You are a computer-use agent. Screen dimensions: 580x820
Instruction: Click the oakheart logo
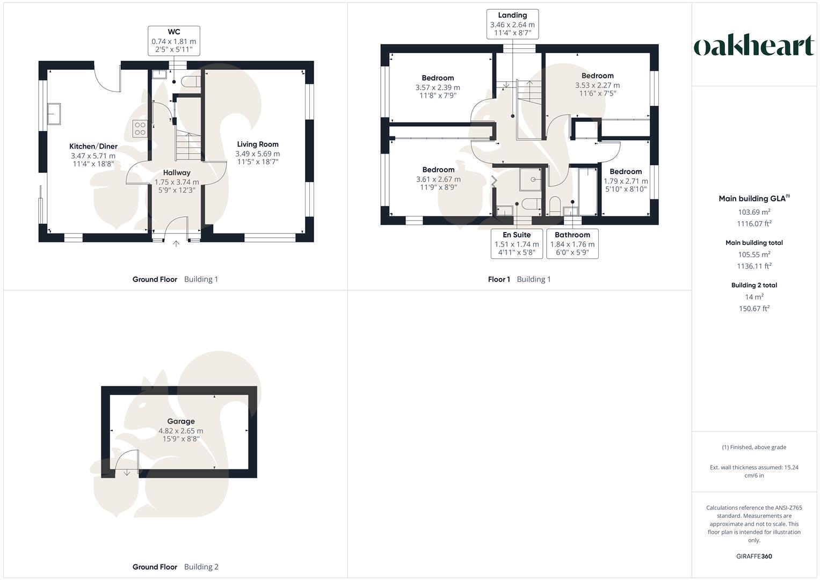(754, 46)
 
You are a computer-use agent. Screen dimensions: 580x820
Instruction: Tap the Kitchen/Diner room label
(93, 147)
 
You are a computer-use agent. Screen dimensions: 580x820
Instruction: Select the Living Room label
(258, 144)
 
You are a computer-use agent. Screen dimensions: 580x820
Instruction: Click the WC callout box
(173, 41)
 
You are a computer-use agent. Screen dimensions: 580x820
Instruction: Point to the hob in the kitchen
(140, 128)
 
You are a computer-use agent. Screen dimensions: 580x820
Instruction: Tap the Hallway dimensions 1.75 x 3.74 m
(177, 182)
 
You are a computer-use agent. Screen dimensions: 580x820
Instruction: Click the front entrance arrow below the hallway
(176, 244)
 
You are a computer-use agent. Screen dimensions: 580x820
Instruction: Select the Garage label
(180, 422)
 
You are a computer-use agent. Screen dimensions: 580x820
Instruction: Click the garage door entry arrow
(127, 473)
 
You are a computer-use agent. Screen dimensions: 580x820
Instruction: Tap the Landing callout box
(512, 24)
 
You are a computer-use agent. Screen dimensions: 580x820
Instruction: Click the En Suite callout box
(517, 244)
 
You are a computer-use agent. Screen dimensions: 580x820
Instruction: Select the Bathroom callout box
(572, 244)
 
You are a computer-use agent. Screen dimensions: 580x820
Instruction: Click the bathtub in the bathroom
(588, 192)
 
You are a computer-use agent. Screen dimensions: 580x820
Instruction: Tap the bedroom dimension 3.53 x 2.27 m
(597, 85)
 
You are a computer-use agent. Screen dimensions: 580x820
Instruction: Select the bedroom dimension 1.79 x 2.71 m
(626, 181)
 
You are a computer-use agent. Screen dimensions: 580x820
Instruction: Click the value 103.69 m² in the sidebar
(754, 212)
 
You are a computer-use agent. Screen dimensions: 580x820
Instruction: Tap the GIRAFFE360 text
(754, 556)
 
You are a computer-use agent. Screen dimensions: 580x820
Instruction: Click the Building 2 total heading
(754, 285)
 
